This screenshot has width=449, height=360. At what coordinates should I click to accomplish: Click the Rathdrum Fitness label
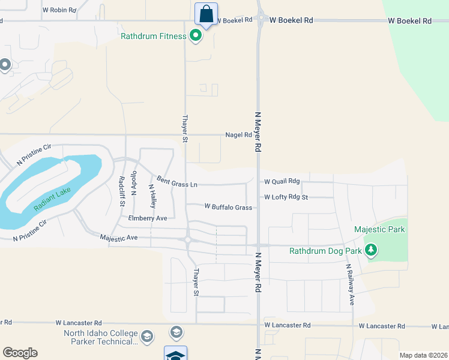click(x=154, y=37)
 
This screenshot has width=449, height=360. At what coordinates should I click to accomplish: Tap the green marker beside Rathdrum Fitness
click(x=195, y=37)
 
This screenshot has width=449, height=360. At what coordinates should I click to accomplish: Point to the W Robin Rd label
click(x=59, y=10)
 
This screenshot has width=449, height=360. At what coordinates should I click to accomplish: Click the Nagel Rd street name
click(x=238, y=135)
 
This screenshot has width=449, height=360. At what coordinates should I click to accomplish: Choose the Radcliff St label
click(x=121, y=191)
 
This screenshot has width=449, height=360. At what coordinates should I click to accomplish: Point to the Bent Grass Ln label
click(x=177, y=181)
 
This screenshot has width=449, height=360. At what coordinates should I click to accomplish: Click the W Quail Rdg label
click(x=282, y=181)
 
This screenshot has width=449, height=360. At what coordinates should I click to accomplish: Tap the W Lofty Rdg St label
click(x=286, y=197)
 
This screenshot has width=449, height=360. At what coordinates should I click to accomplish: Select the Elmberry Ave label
click(x=148, y=218)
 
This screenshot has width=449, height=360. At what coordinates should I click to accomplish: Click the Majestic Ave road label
click(x=119, y=238)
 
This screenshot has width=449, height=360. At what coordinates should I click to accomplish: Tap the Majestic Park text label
click(x=379, y=229)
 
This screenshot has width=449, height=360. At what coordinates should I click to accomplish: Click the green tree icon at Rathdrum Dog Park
click(x=371, y=250)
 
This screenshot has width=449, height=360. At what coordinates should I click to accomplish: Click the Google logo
click(x=20, y=353)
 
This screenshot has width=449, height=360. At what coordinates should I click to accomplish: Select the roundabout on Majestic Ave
click(x=188, y=240)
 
